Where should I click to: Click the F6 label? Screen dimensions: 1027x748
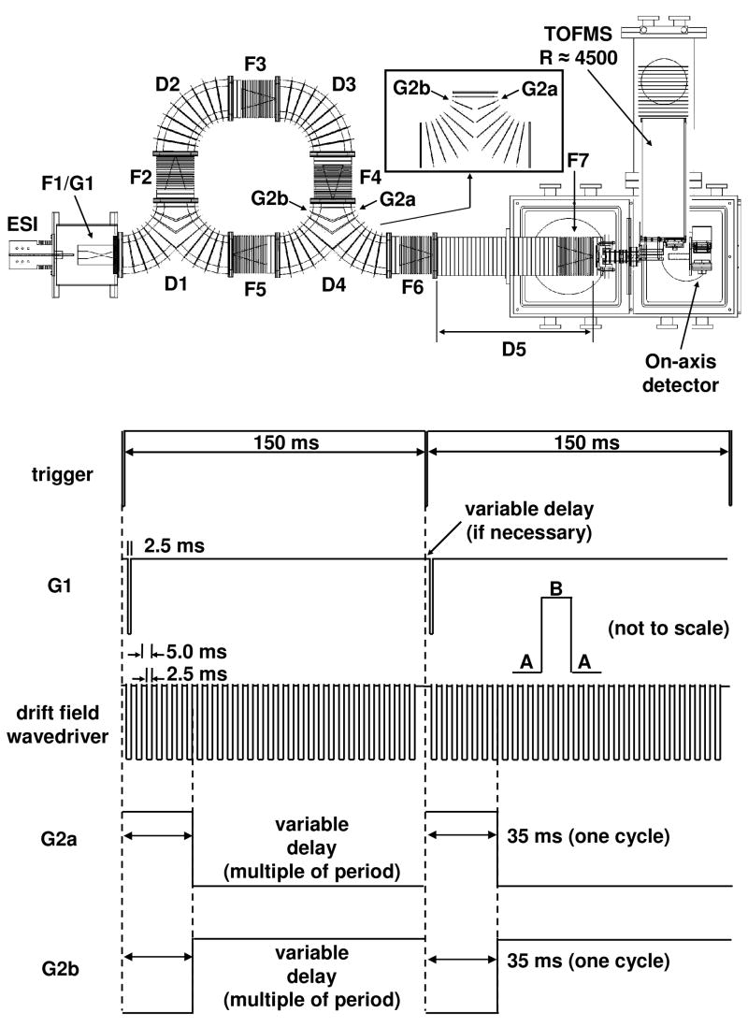pos(411,288)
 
